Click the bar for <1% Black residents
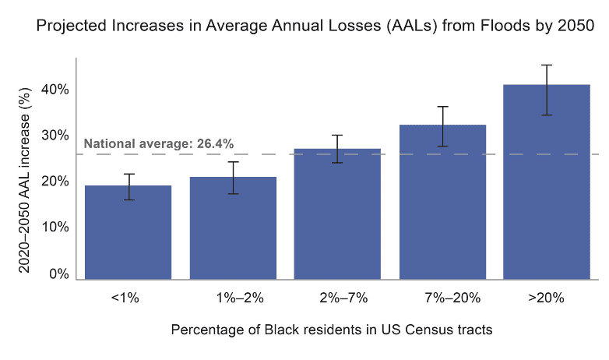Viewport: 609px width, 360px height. (128, 232)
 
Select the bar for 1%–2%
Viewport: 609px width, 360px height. (233, 228)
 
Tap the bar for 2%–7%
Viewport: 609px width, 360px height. (337, 214)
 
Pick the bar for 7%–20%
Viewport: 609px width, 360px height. (442, 202)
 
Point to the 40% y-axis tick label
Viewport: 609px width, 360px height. (55, 90)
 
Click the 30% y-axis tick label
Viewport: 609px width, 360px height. (55, 136)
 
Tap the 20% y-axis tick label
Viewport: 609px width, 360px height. (55, 182)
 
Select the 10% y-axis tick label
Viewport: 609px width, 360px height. (55, 228)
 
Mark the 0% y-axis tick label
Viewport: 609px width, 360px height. (59, 274)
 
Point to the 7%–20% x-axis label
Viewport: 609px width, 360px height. (442, 298)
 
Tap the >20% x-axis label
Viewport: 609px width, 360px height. (547, 298)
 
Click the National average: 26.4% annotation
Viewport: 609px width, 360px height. (159, 143)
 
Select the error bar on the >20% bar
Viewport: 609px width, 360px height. (547, 90)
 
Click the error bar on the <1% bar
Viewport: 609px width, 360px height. (128, 187)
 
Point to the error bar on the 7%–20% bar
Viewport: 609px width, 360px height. (442, 126)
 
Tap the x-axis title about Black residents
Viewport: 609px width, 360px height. (332, 330)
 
